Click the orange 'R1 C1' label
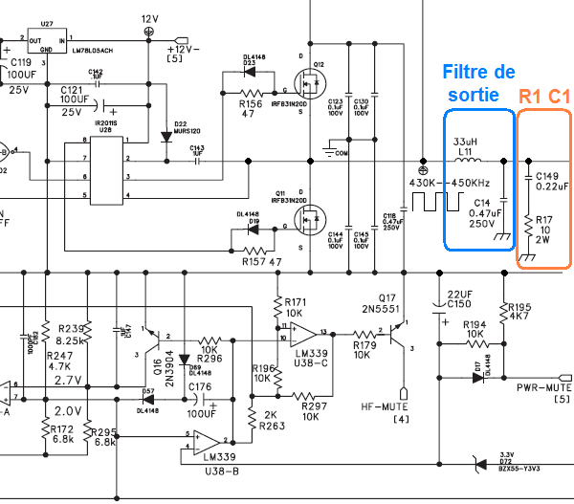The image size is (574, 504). point(544,97)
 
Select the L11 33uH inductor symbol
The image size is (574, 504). point(468,159)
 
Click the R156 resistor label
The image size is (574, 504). point(251,104)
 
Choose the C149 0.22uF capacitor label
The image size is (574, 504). point(552,181)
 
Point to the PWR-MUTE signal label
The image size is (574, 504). point(542,388)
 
